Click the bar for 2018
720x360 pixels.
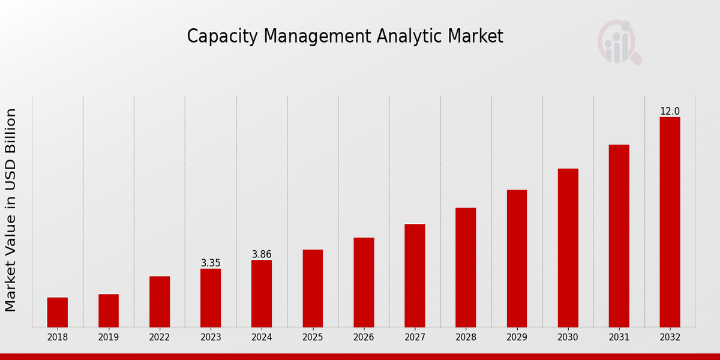point(58,312)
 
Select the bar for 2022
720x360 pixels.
point(160,301)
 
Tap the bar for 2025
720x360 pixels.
point(313,288)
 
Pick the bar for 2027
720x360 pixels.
point(415,275)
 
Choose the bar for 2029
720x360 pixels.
point(517,258)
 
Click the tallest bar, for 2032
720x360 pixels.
point(670,222)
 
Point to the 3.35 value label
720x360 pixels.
point(211,263)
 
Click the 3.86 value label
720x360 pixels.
point(262,254)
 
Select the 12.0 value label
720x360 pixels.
point(670,112)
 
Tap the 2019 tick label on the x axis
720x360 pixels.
point(109,337)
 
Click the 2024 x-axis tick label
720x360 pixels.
point(262,337)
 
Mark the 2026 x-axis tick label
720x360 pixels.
point(364,337)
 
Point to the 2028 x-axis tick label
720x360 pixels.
point(466,337)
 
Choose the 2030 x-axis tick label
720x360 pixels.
point(568,337)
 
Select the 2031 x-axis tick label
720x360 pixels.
point(619,337)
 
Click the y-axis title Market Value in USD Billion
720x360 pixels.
point(11,210)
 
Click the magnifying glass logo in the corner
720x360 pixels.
point(619,42)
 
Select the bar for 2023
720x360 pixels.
point(211,298)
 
